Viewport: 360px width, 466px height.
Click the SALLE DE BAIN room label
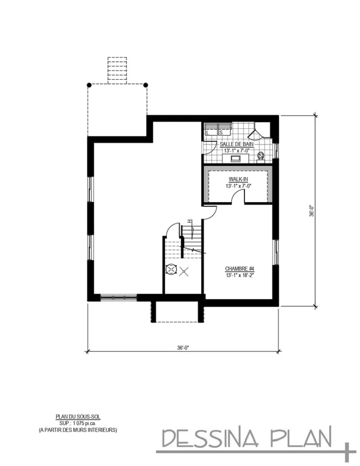(x=233, y=144)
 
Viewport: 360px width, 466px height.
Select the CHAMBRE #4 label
(x=239, y=268)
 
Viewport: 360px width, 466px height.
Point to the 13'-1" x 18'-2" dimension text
(x=239, y=275)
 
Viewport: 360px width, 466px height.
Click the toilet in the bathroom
(x=261, y=157)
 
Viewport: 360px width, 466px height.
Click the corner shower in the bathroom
(x=260, y=132)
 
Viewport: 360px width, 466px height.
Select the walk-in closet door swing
(x=238, y=196)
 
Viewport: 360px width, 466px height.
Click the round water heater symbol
(x=171, y=269)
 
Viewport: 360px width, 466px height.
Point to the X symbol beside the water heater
(x=184, y=271)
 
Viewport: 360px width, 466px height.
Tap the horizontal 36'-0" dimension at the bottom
(x=183, y=348)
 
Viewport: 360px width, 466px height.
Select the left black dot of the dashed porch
(x=89, y=85)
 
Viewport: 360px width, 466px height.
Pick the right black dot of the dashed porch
(x=146, y=85)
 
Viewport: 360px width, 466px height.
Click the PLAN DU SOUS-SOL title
(x=78, y=415)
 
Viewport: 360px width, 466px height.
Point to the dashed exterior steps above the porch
(x=117, y=70)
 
